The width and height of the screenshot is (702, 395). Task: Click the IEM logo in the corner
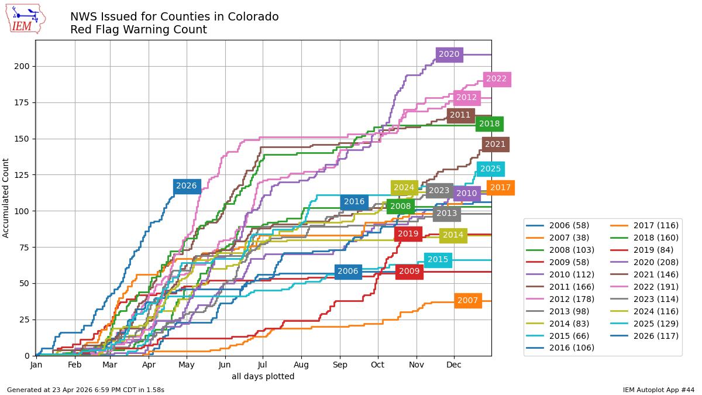click(26, 19)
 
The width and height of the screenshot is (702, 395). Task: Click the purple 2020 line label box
click(449, 54)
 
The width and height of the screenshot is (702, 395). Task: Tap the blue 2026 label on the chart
click(187, 186)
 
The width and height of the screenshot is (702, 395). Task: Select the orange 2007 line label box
click(467, 301)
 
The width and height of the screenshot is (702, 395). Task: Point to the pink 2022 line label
click(497, 79)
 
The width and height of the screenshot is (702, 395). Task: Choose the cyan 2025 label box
click(490, 169)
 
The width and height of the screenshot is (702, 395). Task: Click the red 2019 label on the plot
click(408, 234)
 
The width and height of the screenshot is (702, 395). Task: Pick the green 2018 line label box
click(489, 124)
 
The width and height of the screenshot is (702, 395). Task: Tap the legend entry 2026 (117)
click(644, 336)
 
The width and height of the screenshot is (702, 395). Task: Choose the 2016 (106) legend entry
click(560, 348)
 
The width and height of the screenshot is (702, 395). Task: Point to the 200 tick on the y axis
click(22, 67)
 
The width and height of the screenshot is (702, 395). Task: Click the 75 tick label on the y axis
click(24, 248)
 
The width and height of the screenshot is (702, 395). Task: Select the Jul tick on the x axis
click(263, 365)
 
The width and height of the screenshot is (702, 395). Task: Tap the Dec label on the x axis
click(454, 365)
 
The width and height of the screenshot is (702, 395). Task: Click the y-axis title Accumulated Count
click(6, 198)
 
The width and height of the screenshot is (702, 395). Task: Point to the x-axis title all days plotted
click(263, 376)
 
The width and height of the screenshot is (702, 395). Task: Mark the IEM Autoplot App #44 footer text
click(659, 390)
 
